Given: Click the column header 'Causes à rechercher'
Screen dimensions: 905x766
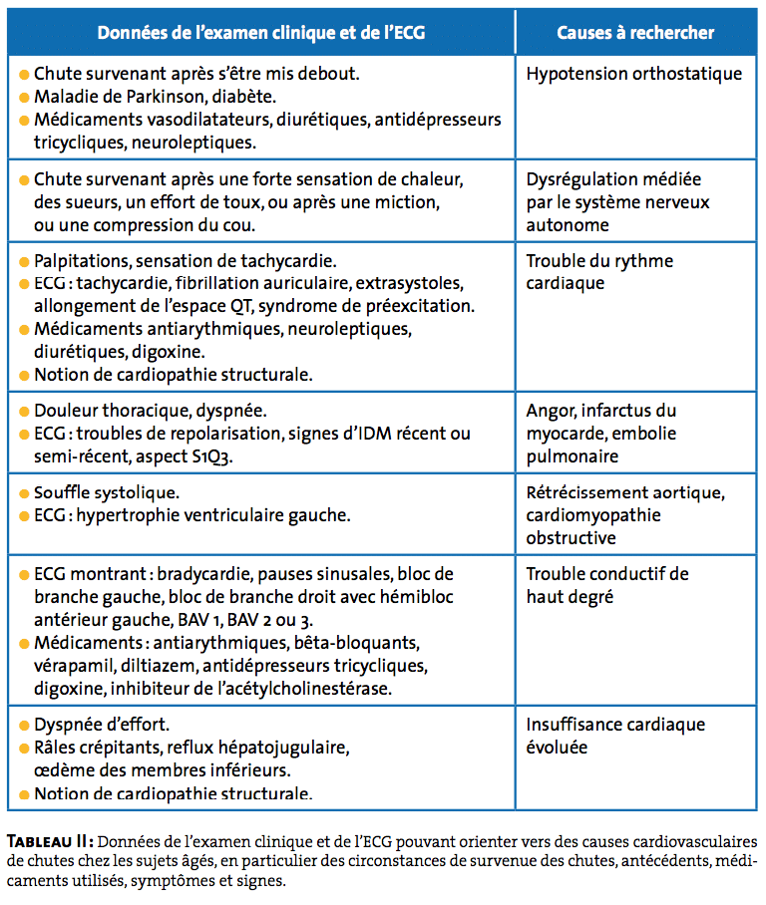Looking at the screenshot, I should click(635, 33).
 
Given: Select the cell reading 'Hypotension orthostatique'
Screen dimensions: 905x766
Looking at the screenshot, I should click(633, 74).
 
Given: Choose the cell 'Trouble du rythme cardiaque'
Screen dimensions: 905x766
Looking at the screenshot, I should click(599, 272).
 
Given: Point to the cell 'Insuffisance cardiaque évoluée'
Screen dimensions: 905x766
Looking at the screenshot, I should click(615, 736).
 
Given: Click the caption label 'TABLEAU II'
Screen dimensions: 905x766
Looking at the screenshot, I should click(50, 839).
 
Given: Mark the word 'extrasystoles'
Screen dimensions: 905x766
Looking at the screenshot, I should click(407, 284).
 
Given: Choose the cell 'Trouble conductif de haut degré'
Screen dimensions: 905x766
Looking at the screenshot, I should click(607, 585).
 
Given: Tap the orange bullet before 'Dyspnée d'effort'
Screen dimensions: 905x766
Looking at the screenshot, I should click(24, 725).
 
